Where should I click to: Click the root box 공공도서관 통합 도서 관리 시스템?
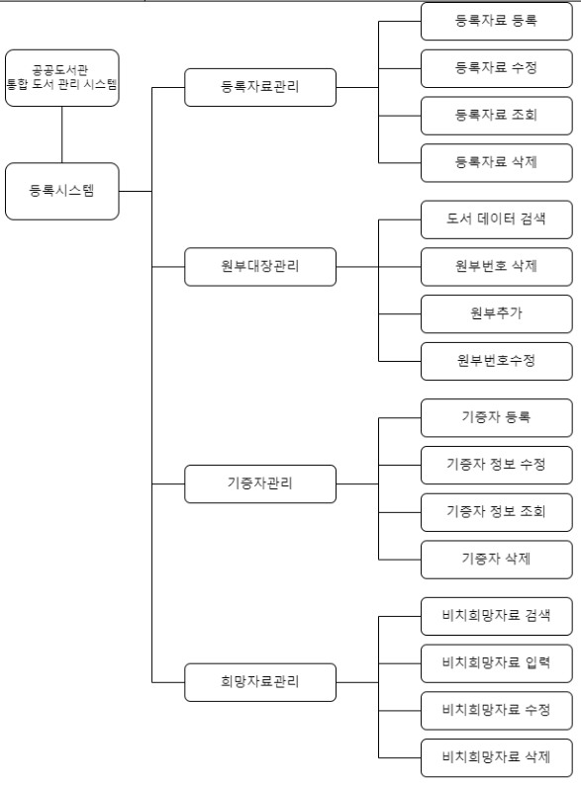pyautogui.click(x=61, y=78)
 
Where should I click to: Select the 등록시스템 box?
pyautogui.click(x=61, y=191)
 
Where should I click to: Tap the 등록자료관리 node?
pyautogui.click(x=260, y=87)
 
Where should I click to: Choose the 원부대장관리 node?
pyautogui.click(x=260, y=267)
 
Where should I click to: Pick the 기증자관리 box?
pyautogui.click(x=260, y=484)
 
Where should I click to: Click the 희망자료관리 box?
pyautogui.click(x=260, y=681)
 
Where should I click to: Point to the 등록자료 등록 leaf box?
pyautogui.click(x=496, y=21)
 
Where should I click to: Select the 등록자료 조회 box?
pyautogui.click(x=496, y=116)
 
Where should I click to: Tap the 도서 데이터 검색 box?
pyautogui.click(x=496, y=219)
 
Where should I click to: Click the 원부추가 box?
pyautogui.click(x=496, y=313)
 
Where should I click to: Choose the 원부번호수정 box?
pyautogui.click(x=496, y=361)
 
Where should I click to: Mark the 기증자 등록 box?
pyautogui.click(x=496, y=417)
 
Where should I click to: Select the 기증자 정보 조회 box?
pyautogui.click(x=496, y=512)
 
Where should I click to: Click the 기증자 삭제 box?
pyautogui.click(x=496, y=560)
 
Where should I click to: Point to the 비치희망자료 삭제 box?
pyautogui.click(x=496, y=757)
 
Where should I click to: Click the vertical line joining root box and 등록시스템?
pyautogui.click(x=61, y=134)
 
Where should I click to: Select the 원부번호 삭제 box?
pyautogui.click(x=496, y=267)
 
